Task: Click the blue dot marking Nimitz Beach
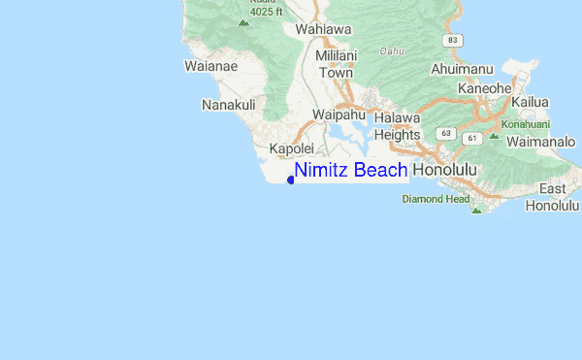pos(291,179)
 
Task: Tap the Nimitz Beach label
pos(351,171)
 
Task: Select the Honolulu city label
pos(445,170)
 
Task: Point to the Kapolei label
pos(292,149)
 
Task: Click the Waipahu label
pos(339,115)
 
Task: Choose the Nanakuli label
pos(228,104)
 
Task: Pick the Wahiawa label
pos(321,29)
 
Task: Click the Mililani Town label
pos(336,64)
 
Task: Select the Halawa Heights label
pos(397,126)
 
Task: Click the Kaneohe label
pos(484,87)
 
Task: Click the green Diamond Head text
pos(436,199)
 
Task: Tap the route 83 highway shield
pos(452,39)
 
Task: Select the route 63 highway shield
pos(444,132)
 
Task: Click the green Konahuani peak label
pos(525,124)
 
